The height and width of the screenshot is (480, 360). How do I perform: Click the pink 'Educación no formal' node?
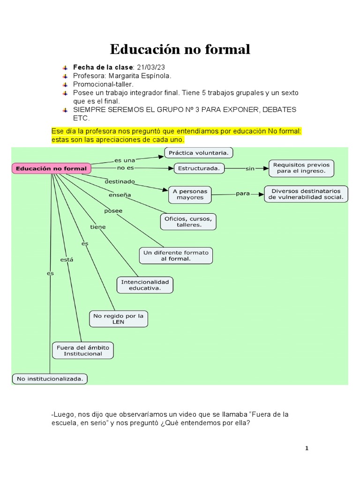tap(52, 168)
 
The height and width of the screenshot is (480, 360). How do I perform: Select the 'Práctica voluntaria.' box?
tap(199, 153)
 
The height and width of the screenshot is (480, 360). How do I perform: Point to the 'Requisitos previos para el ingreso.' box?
tap(301, 168)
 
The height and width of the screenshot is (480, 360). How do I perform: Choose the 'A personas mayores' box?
tap(190, 194)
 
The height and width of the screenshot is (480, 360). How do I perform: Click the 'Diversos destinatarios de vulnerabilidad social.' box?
tap(306, 194)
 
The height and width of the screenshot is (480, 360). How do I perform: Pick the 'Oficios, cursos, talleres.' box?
tap(188, 222)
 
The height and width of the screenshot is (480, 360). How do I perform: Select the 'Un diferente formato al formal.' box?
tap(176, 255)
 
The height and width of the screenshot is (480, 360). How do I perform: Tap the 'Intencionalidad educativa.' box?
tap(145, 285)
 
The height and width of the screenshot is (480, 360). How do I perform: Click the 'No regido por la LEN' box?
tap(118, 319)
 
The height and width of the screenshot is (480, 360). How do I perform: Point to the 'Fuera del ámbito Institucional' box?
tap(82, 351)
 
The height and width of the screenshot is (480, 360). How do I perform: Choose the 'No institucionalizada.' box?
tap(50, 378)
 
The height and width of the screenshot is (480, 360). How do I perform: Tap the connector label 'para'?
tap(243, 194)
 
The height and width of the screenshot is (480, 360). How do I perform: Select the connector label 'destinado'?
tap(120, 181)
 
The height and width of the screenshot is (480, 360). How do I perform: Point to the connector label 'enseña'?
tap(120, 195)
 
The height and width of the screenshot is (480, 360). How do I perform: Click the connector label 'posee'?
tap(113, 211)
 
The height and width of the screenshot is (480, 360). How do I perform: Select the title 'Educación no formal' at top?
tap(180, 49)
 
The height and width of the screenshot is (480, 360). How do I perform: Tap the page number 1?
tap(307, 449)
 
